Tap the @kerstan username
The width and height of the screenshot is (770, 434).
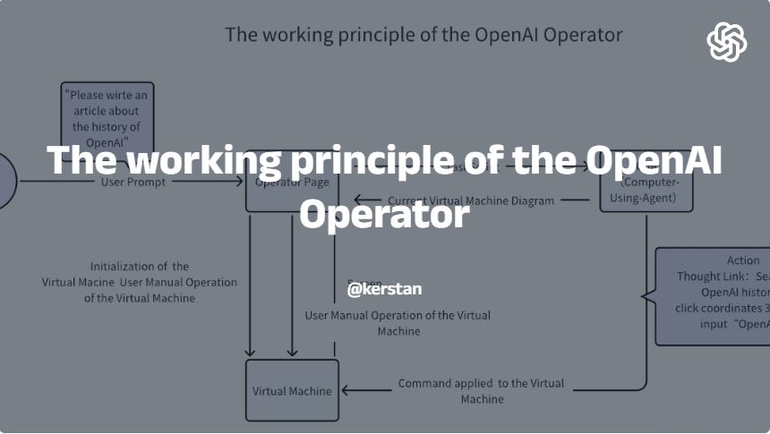384,289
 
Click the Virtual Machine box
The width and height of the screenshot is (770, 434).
292,390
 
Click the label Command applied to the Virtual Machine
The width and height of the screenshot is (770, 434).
482,390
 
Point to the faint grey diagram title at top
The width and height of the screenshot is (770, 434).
423,36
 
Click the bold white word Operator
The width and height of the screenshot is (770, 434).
384,215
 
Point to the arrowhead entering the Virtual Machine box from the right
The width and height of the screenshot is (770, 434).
346,390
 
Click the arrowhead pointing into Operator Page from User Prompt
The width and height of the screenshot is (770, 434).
240,182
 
